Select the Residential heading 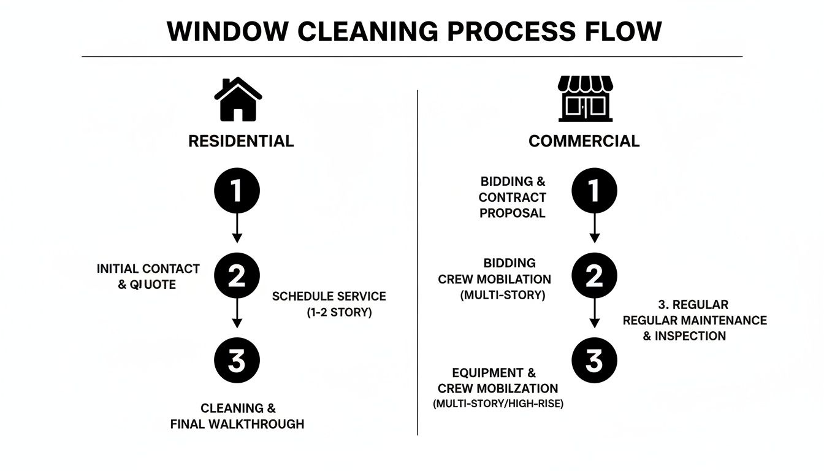pyautogui.click(x=241, y=141)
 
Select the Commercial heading pyautogui.click(x=584, y=141)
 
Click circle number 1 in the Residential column pyautogui.click(x=237, y=191)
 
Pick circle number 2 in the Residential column pyautogui.click(x=237, y=277)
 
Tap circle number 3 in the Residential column pyautogui.click(x=237, y=361)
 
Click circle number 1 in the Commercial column pyautogui.click(x=594, y=191)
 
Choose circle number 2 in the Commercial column pyautogui.click(x=594, y=277)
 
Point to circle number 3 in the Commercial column pyautogui.click(x=594, y=361)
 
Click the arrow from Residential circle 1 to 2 pyautogui.click(x=237, y=229)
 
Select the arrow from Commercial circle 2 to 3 pyautogui.click(x=594, y=314)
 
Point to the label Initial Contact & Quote pyautogui.click(x=148, y=277)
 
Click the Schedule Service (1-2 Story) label pyautogui.click(x=329, y=304)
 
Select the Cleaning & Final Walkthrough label pyautogui.click(x=237, y=416)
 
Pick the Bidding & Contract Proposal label pyautogui.click(x=513, y=197)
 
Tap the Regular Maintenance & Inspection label pyautogui.click(x=694, y=320)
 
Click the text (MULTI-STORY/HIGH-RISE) pyautogui.click(x=498, y=404)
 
